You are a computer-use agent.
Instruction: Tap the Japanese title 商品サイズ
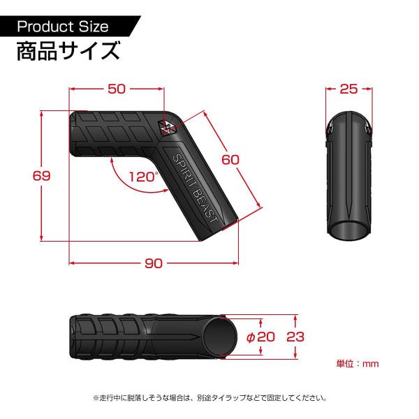point(66,52)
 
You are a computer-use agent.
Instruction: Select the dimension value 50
point(117,89)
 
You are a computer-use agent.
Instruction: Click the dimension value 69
point(43,176)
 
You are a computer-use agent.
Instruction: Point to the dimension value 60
point(230,159)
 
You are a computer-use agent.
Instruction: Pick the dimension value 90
point(154,263)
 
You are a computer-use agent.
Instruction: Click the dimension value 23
point(296,336)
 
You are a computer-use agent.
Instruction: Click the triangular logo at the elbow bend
point(168,126)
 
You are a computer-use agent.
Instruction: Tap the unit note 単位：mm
point(357,363)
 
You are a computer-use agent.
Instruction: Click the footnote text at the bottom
point(209,398)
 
